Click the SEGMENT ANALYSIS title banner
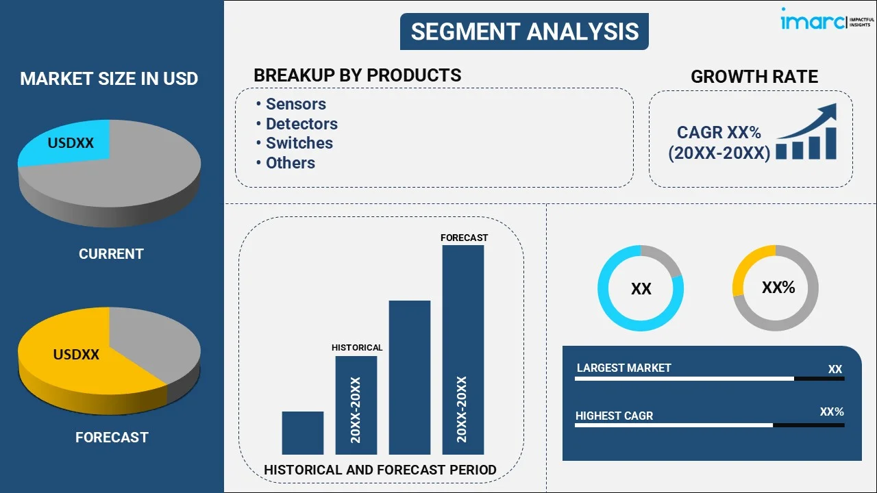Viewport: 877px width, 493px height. click(524, 31)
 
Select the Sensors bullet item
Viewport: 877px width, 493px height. click(295, 104)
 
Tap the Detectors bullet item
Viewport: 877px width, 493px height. click(301, 124)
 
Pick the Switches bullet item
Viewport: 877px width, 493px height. click(299, 143)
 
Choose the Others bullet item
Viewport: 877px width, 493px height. click(290, 163)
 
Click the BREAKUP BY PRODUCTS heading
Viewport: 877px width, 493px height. click(357, 75)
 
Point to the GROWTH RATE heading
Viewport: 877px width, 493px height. click(754, 77)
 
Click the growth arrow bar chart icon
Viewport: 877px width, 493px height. click(807, 133)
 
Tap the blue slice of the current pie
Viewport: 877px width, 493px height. click(69, 144)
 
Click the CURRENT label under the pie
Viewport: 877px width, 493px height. click(111, 254)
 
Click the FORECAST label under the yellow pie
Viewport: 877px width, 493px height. click(112, 437)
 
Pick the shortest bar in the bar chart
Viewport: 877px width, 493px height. click(302, 432)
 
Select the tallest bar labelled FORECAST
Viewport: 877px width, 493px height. click(462, 349)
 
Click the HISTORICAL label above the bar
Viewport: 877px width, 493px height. click(357, 348)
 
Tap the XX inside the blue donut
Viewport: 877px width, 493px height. click(641, 289)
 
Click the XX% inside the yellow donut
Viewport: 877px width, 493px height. click(778, 288)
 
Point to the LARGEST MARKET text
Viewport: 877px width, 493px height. click(623, 368)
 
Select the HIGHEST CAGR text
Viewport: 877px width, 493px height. click(614, 416)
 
